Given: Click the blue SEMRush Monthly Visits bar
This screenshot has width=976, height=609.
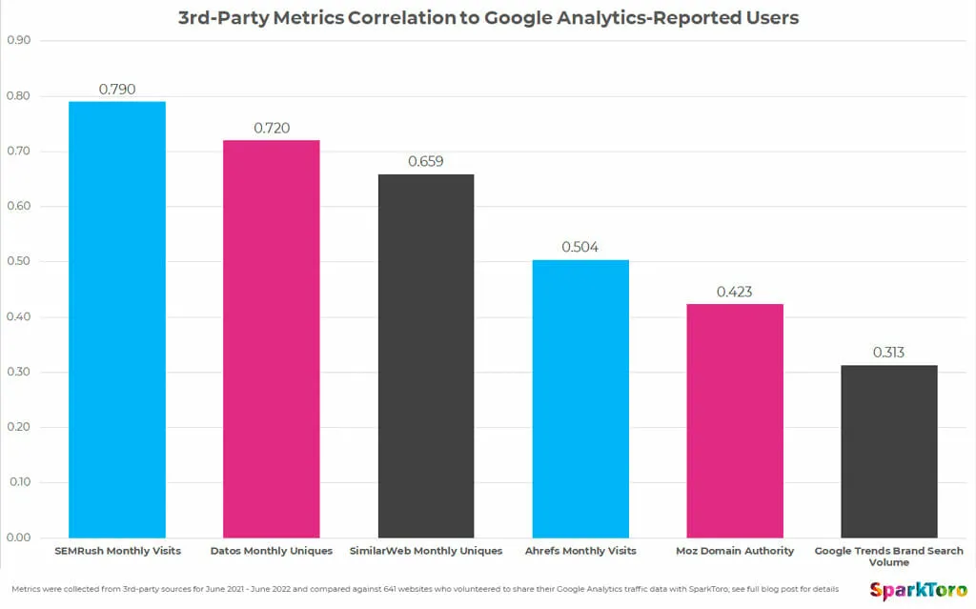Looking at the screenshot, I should click(117, 319).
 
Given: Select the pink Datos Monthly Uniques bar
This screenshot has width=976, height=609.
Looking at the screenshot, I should click(272, 338).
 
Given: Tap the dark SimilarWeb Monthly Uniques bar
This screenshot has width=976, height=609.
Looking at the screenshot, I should click(426, 355).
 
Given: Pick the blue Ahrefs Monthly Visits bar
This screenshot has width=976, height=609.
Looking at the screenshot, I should click(580, 398).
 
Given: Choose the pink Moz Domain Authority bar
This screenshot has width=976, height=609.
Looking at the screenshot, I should click(735, 420).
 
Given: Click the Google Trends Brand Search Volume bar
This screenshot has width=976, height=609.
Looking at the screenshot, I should click(889, 451).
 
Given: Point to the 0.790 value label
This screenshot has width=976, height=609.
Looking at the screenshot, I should click(117, 90).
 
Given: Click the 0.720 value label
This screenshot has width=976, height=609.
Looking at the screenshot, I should click(272, 128).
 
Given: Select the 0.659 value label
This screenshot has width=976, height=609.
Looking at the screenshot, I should click(426, 162).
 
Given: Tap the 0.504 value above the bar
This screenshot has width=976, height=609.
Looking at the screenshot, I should click(580, 247).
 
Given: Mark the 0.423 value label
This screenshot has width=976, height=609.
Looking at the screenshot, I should click(735, 292).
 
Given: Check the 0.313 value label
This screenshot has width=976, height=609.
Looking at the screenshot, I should click(889, 353).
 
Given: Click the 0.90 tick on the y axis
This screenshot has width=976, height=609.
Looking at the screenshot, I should click(18, 41).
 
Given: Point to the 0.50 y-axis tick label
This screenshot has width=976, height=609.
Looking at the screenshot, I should click(18, 261).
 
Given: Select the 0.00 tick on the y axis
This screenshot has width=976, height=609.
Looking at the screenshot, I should click(18, 538).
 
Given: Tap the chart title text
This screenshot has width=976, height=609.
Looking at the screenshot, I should click(487, 17).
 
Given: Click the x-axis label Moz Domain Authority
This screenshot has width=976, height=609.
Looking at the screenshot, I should click(735, 551).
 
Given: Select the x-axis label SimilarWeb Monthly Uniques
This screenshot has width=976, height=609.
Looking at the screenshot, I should click(426, 551).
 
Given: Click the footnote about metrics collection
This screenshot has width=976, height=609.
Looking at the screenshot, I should click(425, 588).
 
